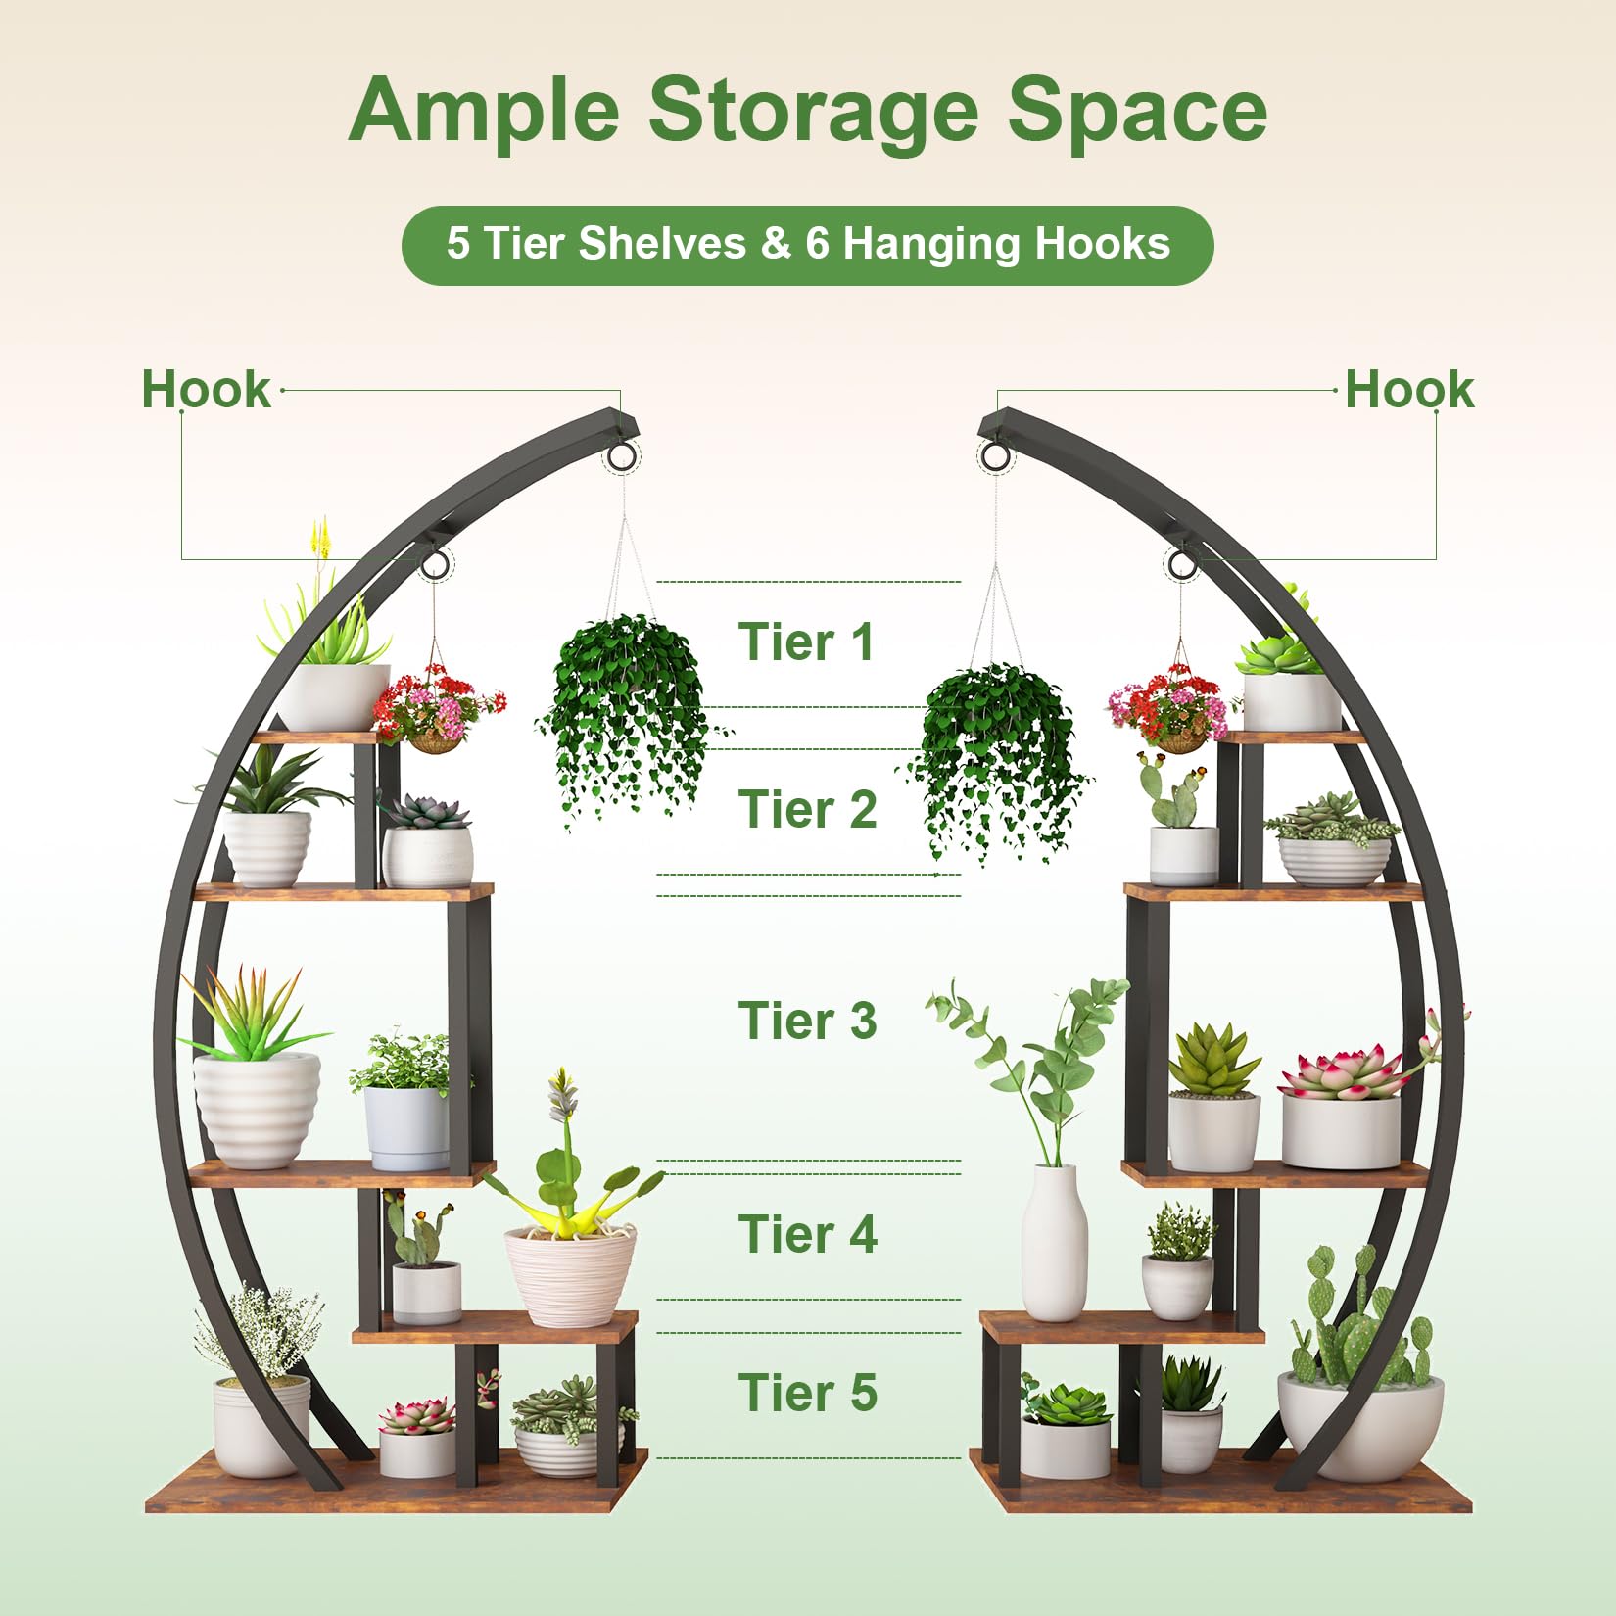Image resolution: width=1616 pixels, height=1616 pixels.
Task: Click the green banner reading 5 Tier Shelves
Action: point(807,245)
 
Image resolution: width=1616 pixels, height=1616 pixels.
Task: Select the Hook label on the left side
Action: point(206,389)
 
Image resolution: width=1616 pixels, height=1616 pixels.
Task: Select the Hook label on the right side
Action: point(1408,389)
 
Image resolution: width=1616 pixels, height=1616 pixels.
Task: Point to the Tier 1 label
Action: point(806,642)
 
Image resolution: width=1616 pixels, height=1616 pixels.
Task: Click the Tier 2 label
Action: point(807,810)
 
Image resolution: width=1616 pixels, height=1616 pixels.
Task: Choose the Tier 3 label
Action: point(807,1021)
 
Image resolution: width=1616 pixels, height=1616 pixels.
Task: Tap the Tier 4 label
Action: point(807,1234)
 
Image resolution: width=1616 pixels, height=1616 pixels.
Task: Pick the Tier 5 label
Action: point(807,1393)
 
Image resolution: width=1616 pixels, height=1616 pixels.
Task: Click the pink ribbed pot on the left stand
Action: point(570,1276)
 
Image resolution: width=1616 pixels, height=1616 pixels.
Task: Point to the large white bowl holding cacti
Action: point(1360,1424)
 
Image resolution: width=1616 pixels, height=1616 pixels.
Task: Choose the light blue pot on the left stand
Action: point(407,1128)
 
